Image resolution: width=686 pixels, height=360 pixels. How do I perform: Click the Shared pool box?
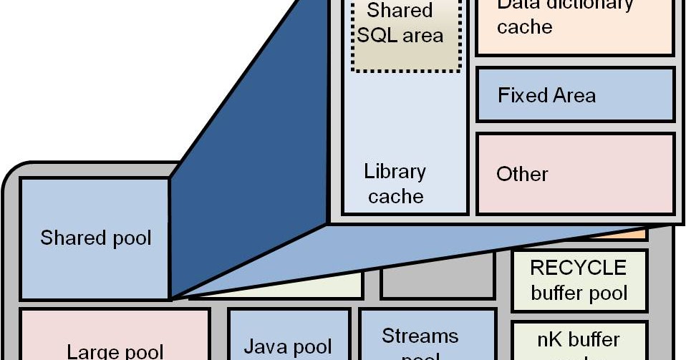[95, 238]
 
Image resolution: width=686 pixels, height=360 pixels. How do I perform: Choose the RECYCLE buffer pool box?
[579, 280]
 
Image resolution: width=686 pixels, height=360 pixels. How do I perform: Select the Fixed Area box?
[575, 94]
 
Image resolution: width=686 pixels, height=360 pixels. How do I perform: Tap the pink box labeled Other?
[575, 174]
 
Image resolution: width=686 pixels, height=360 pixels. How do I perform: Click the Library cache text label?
[395, 184]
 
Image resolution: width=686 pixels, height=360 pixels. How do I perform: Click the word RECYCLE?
[579, 268]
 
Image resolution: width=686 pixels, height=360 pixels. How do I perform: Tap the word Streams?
[420, 335]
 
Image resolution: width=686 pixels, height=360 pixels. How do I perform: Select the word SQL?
[377, 36]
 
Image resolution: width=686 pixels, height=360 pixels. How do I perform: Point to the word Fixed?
[521, 94]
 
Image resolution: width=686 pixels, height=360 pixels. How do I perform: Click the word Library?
[395, 172]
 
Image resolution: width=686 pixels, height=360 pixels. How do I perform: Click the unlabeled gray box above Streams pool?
[437, 283]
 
